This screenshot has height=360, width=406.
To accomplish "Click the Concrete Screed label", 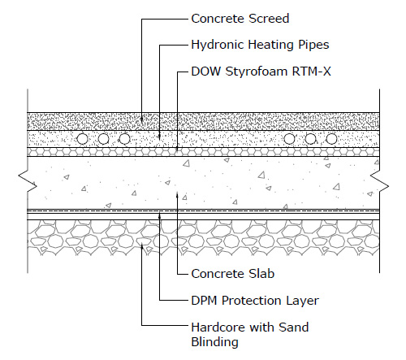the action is tap(240, 19).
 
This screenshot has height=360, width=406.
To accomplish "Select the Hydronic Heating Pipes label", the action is tap(260, 45).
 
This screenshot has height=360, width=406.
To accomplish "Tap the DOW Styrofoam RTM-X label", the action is tap(261, 72).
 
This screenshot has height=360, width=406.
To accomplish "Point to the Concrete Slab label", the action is tap(233, 274).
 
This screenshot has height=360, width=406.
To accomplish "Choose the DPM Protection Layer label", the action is tap(255, 301).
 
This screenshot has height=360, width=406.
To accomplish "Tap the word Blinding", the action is tap(214, 342).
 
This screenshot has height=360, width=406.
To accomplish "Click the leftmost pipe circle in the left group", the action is tap(82, 139).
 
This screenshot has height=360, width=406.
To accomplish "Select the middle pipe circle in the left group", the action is tap(103, 139).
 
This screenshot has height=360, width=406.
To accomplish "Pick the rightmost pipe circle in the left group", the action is tap(124, 139).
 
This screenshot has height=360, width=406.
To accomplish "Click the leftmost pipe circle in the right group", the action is tap(289, 139).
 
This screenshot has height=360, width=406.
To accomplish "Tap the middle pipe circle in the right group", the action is tap(310, 139).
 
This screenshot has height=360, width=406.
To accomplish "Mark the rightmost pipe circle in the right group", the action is tap(331, 139).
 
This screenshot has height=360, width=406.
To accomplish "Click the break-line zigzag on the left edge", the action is tap(28, 181).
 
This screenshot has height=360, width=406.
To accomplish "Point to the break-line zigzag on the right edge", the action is tap(379, 181).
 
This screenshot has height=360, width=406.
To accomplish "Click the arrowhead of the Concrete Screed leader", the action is tap(141, 119).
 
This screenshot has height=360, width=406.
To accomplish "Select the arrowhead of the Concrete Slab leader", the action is tap(177, 194).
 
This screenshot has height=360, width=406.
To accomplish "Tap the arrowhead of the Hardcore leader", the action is tap(141, 246).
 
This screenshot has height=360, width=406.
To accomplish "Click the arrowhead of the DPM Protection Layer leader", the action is tap(160, 215).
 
